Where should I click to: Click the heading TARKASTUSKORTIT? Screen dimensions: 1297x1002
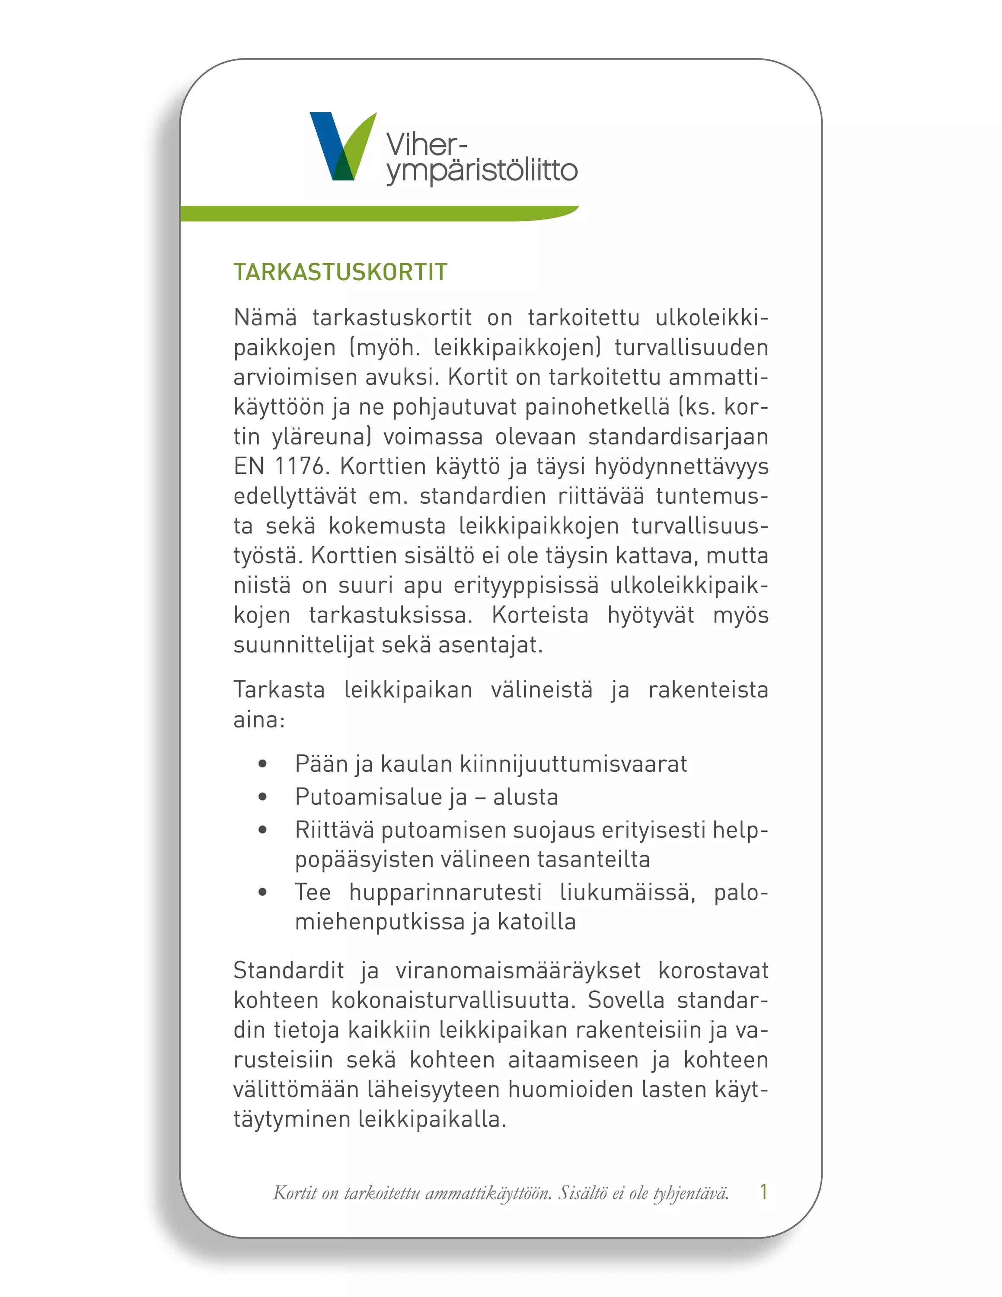pyautogui.click(x=340, y=272)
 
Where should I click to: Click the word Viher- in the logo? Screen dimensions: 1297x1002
pyautogui.click(x=426, y=144)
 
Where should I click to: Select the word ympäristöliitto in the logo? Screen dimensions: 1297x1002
pyautogui.click(x=482, y=171)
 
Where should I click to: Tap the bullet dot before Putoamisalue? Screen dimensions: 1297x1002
pyautogui.click(x=262, y=797)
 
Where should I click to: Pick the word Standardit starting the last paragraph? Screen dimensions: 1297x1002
pyautogui.click(x=288, y=971)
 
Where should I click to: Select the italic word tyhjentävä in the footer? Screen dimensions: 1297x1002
pyautogui.click(x=690, y=1193)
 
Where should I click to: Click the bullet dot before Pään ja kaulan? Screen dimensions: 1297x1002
pyautogui.click(x=262, y=764)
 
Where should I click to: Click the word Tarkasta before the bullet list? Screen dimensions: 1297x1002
pyautogui.click(x=279, y=690)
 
